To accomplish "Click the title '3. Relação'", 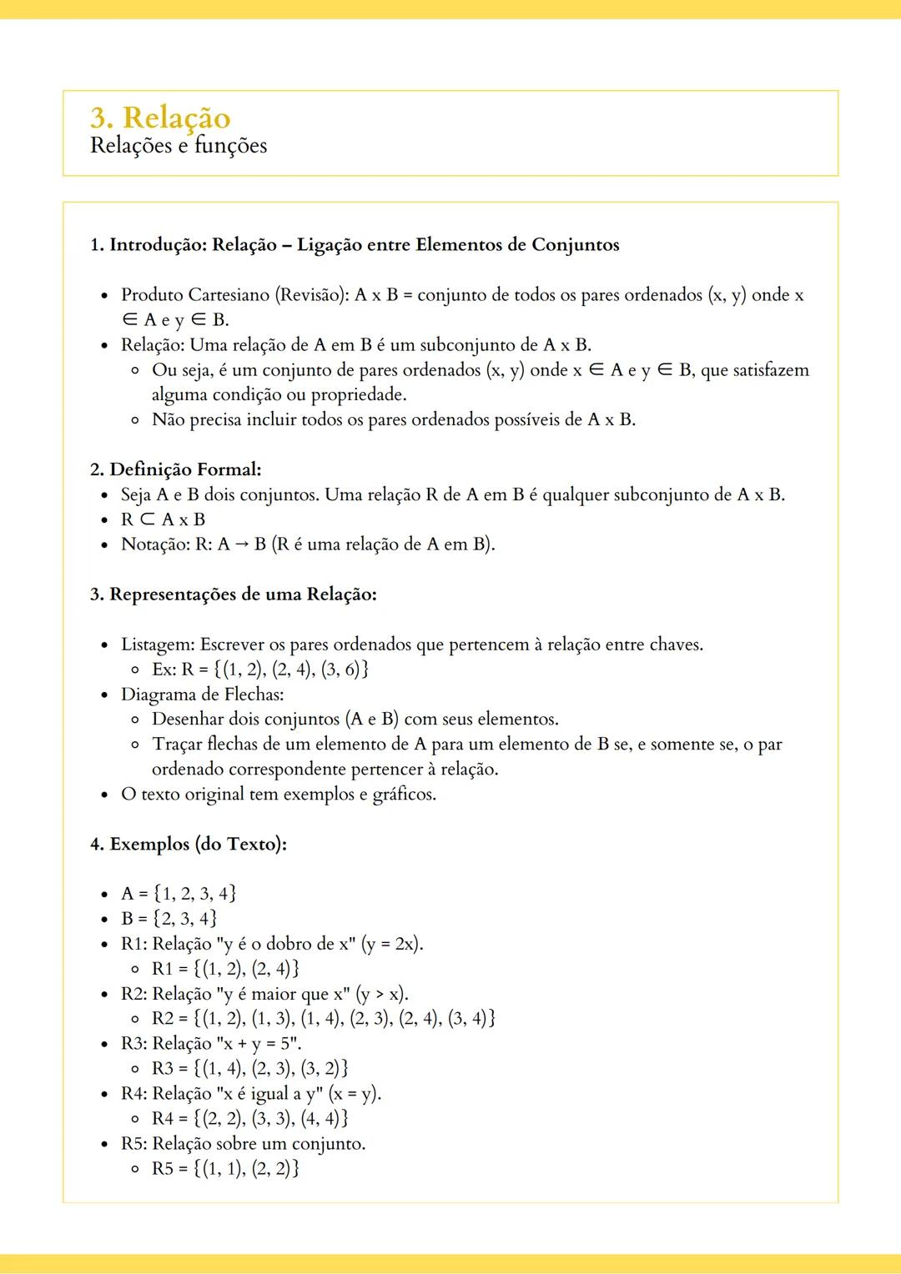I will pos(160,118).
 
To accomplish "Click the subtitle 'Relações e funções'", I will pos(179,146).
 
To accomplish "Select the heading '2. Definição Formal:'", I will pos(176,469).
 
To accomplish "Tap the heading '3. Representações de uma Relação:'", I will pos(234,594).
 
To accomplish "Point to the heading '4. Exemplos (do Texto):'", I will pos(189,844).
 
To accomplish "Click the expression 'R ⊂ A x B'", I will pos(163,519).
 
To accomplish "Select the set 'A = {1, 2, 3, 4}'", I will pos(179,894).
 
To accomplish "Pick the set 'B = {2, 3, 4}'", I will pos(169,919).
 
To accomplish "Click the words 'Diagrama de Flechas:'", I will pos(203,695).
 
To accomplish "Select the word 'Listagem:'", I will pos(158,645).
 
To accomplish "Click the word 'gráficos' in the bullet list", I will pos(404,794).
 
